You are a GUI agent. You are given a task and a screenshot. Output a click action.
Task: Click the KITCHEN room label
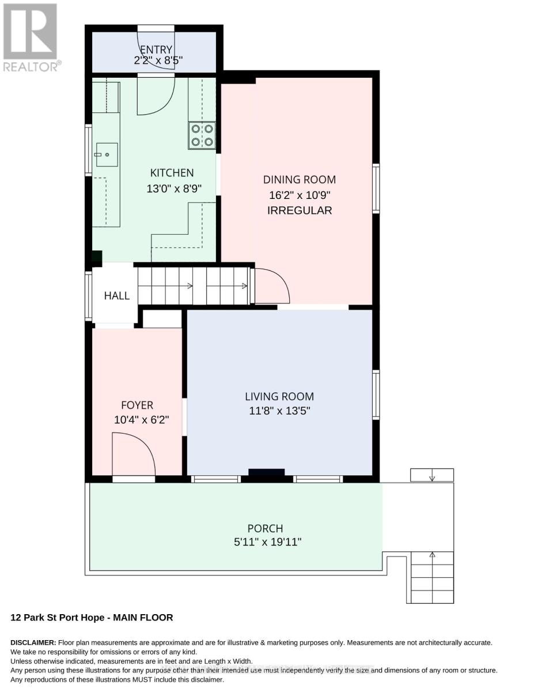tap(172, 173)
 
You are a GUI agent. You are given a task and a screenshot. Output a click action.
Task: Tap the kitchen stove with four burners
tap(202, 136)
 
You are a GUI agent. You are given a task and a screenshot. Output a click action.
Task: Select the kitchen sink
tap(107, 155)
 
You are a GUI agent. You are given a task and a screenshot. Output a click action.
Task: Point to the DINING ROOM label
tap(300, 179)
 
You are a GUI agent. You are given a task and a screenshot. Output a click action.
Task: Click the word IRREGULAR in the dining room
tap(300, 210)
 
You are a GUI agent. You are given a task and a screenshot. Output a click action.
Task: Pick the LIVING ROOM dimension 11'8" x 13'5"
tap(279, 411)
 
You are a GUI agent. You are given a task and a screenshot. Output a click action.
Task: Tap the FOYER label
tap(137, 405)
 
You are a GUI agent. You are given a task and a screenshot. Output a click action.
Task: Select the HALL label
tap(117, 296)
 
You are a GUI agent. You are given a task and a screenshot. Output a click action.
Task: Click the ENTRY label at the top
tap(156, 50)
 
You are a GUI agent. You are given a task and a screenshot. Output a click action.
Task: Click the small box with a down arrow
tap(432, 475)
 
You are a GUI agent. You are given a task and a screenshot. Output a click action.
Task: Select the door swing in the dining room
tap(272, 285)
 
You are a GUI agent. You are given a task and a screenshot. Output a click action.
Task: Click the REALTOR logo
tap(31, 37)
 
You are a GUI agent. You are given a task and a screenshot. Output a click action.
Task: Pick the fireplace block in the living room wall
tap(267, 472)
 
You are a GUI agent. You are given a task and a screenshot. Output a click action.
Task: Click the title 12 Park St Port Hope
tap(58, 618)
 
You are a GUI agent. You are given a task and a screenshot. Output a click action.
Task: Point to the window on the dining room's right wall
tap(376, 189)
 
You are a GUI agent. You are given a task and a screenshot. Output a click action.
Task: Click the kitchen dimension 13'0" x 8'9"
tap(174, 189)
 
